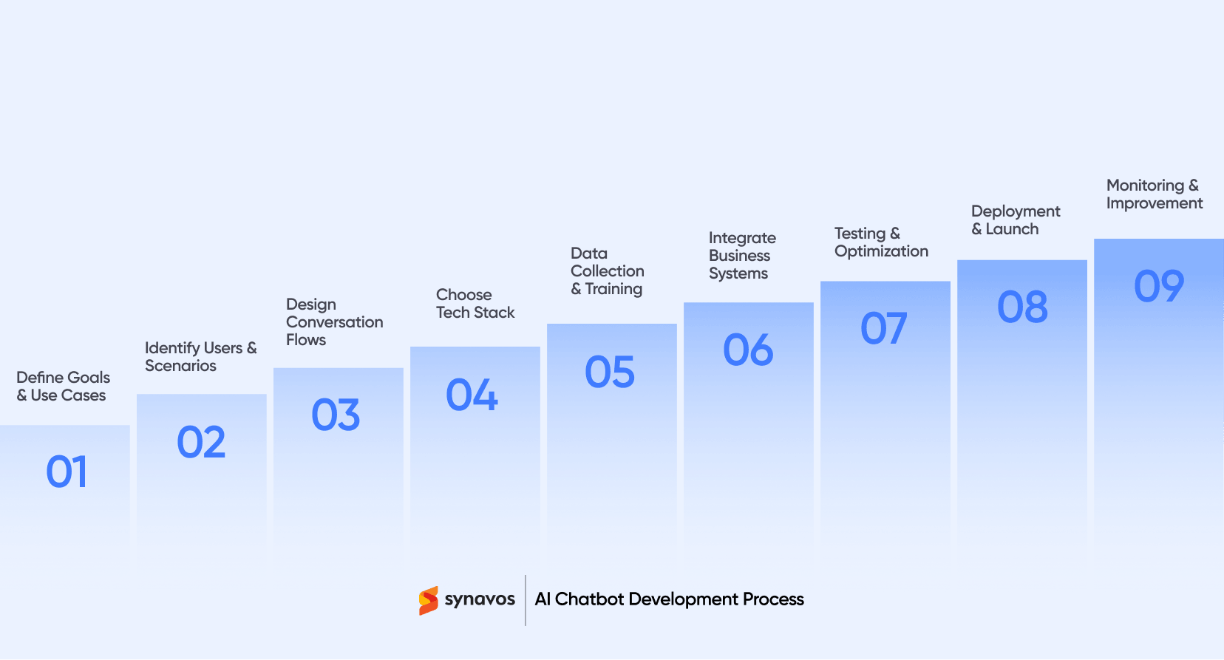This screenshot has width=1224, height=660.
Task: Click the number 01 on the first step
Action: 67,472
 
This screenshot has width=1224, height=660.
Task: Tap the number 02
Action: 201,443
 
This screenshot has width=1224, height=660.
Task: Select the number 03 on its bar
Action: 336,415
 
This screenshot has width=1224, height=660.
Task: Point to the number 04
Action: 472,395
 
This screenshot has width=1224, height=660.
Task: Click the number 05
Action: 610,372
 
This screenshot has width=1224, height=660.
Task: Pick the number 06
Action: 748,350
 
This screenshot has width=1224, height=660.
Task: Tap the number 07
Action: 884,328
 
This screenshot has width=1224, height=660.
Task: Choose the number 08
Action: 1022,307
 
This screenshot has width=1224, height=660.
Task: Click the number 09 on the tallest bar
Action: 1159,286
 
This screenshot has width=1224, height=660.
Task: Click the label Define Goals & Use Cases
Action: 63,387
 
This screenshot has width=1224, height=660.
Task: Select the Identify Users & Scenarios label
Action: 200,357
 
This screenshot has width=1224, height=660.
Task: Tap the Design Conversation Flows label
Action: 334,322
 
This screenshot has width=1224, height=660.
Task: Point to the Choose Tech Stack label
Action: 475,304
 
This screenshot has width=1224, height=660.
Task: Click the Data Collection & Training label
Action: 607,271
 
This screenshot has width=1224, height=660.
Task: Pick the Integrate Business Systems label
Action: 741,256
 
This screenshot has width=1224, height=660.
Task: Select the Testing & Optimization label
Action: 881,242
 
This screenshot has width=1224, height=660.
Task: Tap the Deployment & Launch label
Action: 1015,220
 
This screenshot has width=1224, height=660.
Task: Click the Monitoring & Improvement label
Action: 1154,194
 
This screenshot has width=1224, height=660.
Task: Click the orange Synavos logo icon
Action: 428,601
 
